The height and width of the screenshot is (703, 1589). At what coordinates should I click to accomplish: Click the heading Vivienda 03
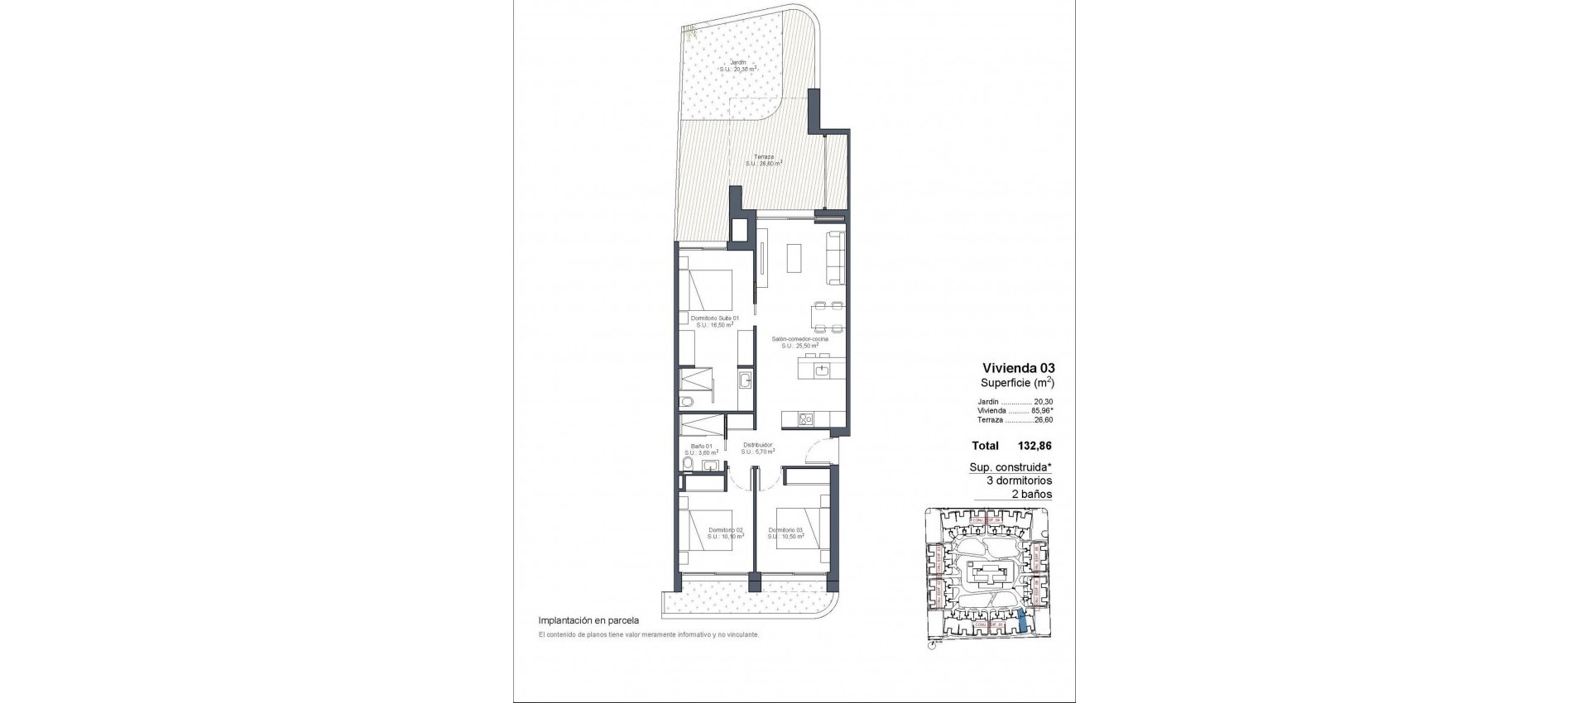pyautogui.click(x=1018, y=367)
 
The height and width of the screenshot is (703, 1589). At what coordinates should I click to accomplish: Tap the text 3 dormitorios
pyautogui.click(x=1018, y=480)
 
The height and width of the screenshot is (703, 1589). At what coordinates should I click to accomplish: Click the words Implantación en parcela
pyautogui.click(x=588, y=619)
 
